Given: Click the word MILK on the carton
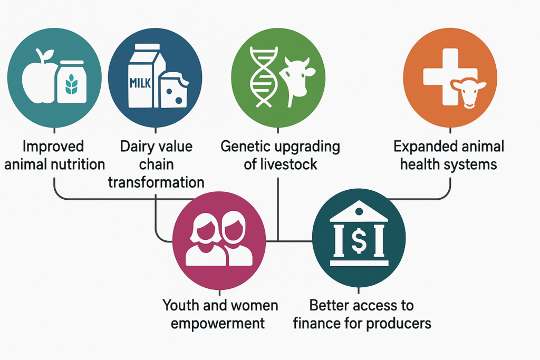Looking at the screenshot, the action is pyautogui.click(x=140, y=83).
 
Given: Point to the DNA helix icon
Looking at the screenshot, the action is pyautogui.click(x=264, y=77).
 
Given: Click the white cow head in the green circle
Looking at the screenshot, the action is pyautogui.click(x=297, y=81).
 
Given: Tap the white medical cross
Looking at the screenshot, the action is pyautogui.click(x=448, y=76).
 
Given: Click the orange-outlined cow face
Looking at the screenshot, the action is pyautogui.click(x=468, y=93).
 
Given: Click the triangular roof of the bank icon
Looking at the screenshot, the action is pyautogui.click(x=359, y=211).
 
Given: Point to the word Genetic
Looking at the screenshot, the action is pyautogui.click(x=243, y=147).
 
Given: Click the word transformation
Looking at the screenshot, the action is pyautogui.click(x=156, y=182).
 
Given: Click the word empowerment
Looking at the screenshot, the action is pyautogui.click(x=218, y=324).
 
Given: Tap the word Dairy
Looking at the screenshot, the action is pyautogui.click(x=135, y=147).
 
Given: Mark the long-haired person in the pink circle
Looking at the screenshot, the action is pyautogui.click(x=206, y=239).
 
